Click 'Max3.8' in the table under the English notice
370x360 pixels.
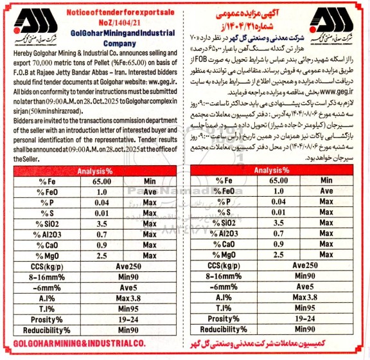click(x=131, y=297)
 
